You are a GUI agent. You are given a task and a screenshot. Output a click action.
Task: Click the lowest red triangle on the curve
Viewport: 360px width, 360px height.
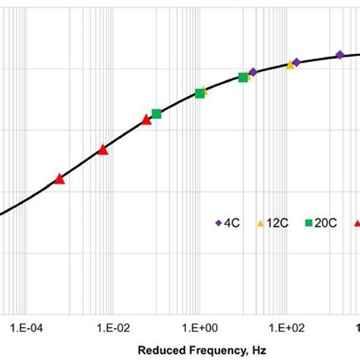pyautogui.click(x=59, y=179)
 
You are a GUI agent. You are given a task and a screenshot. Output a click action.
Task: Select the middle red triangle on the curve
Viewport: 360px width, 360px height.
pyautogui.click(x=103, y=150)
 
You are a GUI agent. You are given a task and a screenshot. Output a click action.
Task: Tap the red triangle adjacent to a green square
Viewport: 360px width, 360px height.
pyautogui.click(x=147, y=120)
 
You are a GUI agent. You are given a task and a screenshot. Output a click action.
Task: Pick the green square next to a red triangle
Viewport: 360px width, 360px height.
pyautogui.click(x=156, y=114)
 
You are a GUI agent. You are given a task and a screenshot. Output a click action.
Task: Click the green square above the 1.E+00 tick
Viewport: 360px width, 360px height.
pyautogui.click(x=200, y=93)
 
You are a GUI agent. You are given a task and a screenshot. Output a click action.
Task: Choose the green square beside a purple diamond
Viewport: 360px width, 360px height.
pyautogui.click(x=243, y=77)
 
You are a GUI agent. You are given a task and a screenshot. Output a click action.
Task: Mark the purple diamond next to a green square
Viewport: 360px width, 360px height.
pyautogui.click(x=253, y=72)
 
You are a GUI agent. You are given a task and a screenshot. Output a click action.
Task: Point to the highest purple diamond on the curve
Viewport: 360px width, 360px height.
pyautogui.click(x=340, y=54)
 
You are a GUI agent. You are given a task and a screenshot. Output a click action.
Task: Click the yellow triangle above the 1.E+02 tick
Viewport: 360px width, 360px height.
pyautogui.click(x=290, y=65)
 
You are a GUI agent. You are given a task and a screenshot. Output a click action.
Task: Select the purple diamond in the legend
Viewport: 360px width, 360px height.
pyautogui.click(x=219, y=223)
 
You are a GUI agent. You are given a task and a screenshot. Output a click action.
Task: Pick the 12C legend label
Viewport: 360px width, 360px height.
pyautogui.click(x=276, y=223)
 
